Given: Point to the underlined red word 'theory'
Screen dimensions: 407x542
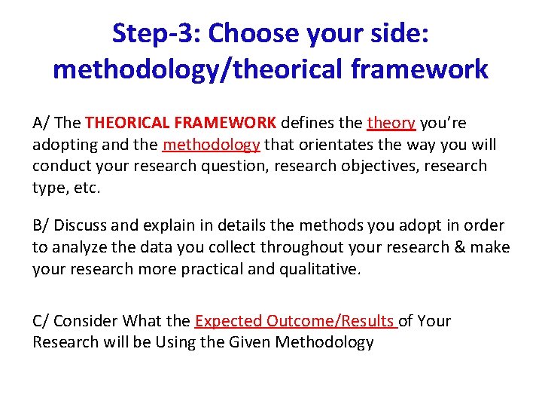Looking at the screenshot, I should pos(391,123).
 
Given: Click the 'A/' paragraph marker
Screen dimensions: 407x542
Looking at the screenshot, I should pos(41,123).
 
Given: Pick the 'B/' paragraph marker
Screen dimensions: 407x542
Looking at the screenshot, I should pos(41,225).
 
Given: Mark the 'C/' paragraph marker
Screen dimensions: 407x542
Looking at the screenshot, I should pos(41,321).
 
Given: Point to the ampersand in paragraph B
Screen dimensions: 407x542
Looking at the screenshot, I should pos(461,247).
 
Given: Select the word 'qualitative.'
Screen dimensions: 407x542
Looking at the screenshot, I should pos(311,268).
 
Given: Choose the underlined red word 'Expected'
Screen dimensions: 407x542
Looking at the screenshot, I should pos(227,321).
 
